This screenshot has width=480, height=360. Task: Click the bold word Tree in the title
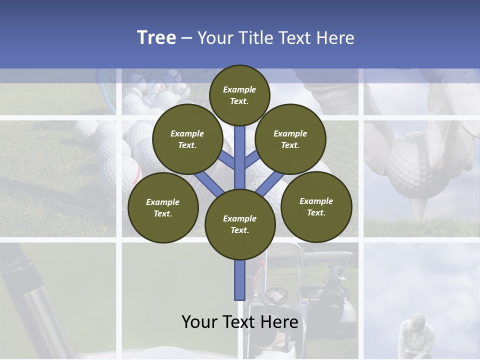point(156,37)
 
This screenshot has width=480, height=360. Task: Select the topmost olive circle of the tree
point(239,95)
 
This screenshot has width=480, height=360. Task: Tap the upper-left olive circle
point(187,139)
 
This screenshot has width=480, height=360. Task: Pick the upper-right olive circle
point(290,139)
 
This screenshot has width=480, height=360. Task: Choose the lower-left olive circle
point(162,207)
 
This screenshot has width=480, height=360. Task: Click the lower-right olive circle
point(316,206)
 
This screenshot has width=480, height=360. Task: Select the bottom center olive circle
point(239,224)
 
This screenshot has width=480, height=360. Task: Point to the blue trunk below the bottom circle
point(240,280)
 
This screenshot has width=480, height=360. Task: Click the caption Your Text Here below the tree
point(239,321)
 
